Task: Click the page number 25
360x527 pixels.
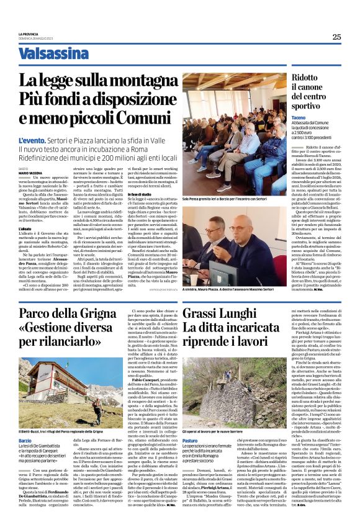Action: coord(336,37)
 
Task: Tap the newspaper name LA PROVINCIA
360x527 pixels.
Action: coord(29,34)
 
